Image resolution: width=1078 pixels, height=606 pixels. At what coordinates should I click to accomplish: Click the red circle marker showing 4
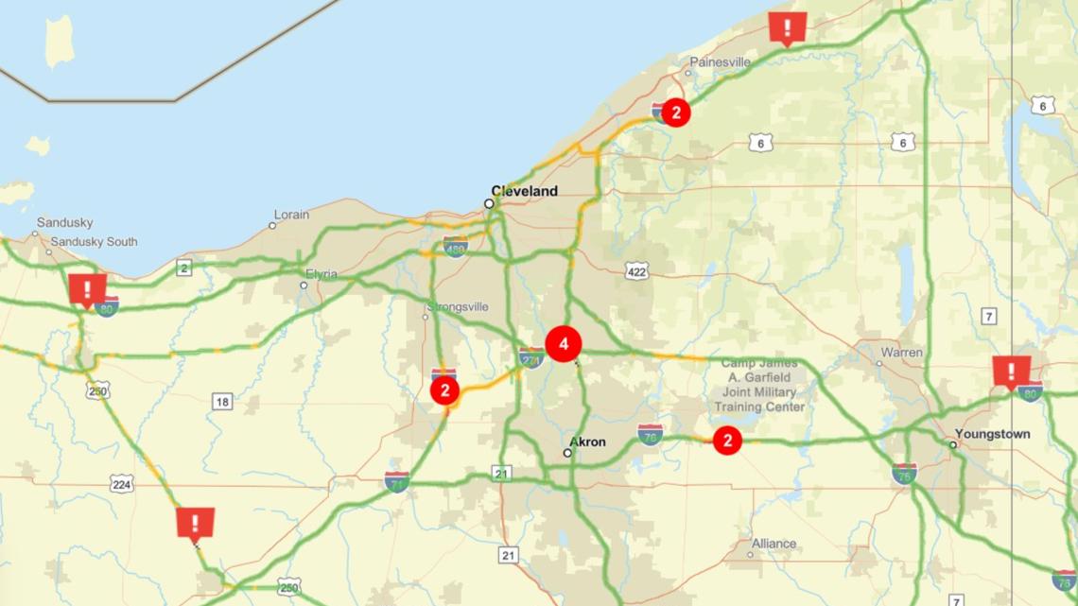tap(564, 344)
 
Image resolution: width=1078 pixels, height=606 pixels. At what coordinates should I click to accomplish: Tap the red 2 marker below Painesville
tap(675, 113)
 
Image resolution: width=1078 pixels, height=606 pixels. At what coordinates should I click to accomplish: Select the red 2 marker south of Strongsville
tap(444, 390)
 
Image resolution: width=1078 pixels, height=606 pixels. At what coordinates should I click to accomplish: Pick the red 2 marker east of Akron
tap(726, 441)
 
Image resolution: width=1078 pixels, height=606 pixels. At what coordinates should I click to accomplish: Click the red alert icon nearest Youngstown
tap(1011, 371)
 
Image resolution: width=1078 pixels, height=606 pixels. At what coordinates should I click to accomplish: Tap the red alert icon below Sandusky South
tap(88, 289)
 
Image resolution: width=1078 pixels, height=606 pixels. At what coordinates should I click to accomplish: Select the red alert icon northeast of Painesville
tap(787, 26)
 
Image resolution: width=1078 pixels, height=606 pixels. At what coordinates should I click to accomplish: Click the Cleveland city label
tap(524, 191)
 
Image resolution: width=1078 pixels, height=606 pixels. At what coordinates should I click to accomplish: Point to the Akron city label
tap(587, 442)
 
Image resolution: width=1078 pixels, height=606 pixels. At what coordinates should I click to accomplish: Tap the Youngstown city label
tap(992, 434)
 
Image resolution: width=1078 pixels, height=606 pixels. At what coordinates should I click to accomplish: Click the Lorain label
tap(291, 215)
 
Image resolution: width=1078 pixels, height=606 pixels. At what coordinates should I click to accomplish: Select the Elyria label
tap(320, 275)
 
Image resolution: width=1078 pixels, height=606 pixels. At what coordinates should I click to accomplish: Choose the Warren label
tap(901, 353)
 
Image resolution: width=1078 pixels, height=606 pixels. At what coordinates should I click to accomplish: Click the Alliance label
tap(774, 544)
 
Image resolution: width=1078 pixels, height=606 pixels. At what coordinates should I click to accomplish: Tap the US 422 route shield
tap(637, 272)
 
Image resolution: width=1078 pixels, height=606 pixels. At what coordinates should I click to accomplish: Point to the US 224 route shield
tap(121, 484)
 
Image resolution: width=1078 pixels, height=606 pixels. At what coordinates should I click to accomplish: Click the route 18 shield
tap(221, 402)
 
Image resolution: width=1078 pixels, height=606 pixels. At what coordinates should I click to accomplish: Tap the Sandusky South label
tap(94, 242)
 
